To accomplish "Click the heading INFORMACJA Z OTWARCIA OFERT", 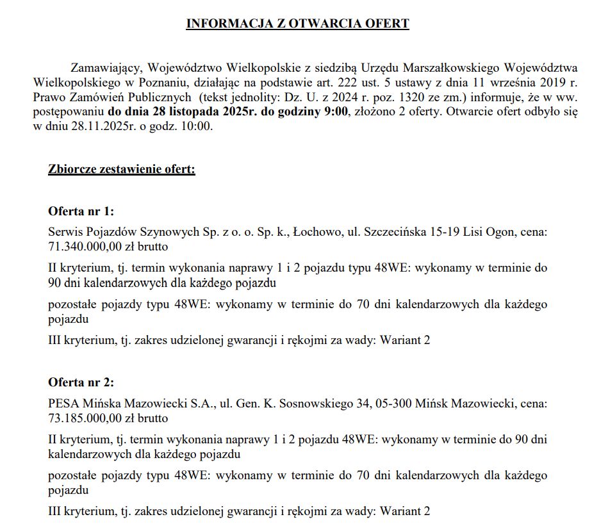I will pos(297,24).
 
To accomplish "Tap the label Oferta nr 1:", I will pos(81,211).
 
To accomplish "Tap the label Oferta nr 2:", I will pos(81,382).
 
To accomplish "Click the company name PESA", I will pos(63,404).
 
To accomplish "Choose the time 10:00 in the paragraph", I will pos(196,127).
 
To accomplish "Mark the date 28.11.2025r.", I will pos(95,127).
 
